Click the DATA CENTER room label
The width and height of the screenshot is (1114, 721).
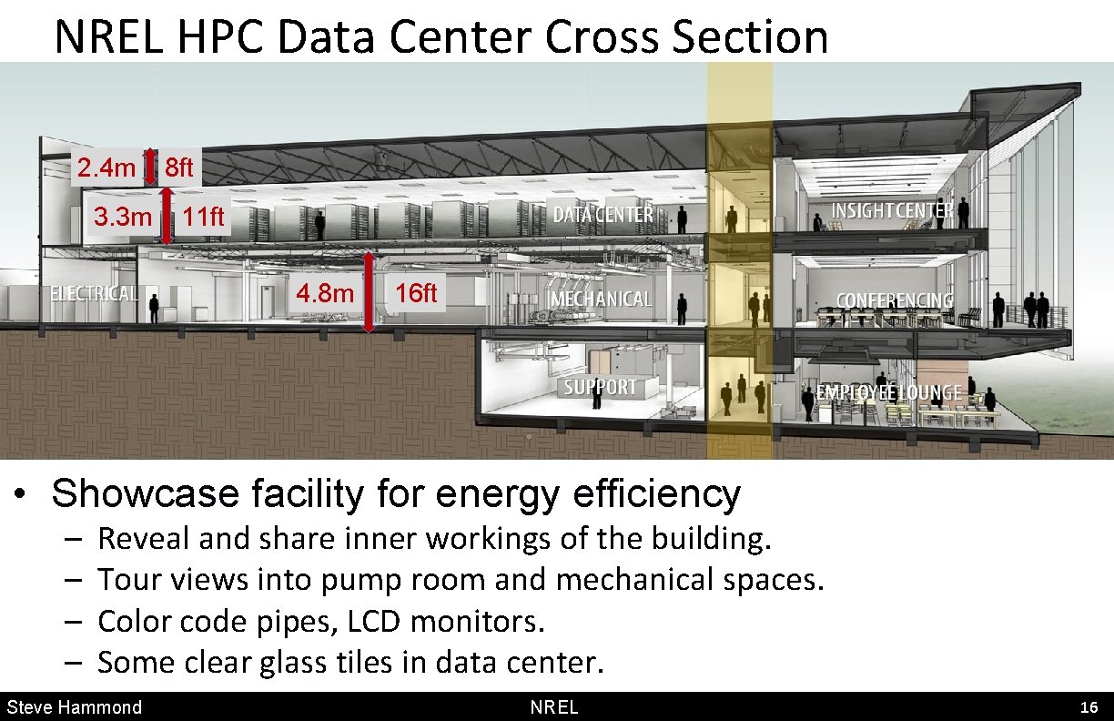(603, 215)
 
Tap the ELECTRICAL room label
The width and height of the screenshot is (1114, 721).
(94, 294)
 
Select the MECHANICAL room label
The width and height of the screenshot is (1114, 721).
(602, 300)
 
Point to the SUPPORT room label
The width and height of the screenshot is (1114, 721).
(600, 387)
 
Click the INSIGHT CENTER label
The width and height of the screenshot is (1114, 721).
(892, 211)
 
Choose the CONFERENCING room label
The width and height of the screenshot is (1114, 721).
(895, 300)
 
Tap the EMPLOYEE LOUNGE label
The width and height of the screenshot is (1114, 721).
(888, 392)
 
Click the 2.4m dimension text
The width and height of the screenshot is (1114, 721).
(106, 168)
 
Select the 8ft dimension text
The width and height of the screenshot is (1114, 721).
(179, 168)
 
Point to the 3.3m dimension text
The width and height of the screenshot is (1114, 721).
(123, 218)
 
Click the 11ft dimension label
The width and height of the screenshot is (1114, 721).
(202, 218)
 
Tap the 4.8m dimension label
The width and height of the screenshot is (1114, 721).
(325, 294)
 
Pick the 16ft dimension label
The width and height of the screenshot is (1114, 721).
(416, 293)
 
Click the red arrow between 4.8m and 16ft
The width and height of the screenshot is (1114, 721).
(369, 292)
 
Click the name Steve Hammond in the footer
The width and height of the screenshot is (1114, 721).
(75, 707)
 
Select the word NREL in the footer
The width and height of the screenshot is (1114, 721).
(553, 707)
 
